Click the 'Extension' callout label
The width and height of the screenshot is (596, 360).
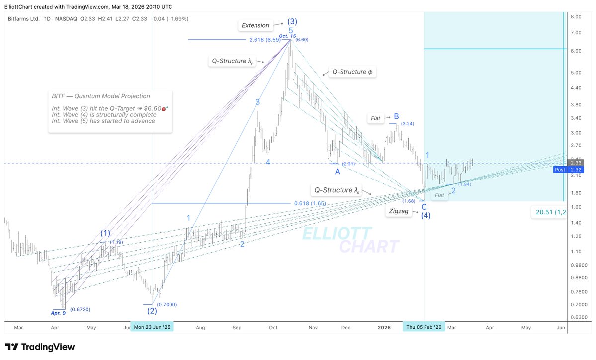point(255,25)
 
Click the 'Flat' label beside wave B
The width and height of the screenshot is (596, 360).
point(375,118)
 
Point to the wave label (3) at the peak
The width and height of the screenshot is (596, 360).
point(292,22)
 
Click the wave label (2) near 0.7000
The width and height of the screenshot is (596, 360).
point(152,311)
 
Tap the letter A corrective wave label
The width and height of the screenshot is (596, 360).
point(337,172)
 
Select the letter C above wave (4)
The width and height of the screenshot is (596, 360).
point(424,207)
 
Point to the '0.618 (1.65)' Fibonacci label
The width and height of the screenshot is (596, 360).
point(309,203)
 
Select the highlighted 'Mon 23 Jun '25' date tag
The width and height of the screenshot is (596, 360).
point(152,327)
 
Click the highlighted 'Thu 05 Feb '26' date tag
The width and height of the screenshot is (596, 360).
point(424,327)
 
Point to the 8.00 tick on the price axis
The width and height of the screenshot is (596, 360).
point(576,16)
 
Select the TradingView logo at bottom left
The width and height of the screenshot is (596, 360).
point(40,347)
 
